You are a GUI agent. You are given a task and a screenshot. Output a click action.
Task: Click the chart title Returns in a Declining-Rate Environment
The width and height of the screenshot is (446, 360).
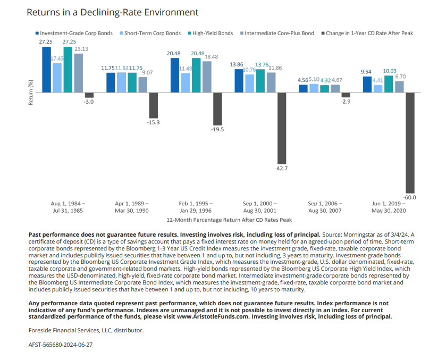(x=112, y=13)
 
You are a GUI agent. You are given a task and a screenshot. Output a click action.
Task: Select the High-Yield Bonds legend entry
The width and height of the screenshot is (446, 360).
(x=210, y=34)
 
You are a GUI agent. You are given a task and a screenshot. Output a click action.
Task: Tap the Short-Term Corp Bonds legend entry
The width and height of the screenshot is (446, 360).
(x=150, y=34)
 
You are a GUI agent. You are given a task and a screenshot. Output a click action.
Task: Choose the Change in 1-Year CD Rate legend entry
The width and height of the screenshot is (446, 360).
(x=367, y=34)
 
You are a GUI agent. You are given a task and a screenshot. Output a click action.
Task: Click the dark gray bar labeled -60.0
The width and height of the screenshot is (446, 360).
(x=410, y=143)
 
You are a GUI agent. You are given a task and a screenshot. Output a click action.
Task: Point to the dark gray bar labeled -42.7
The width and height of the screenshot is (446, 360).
(x=282, y=128)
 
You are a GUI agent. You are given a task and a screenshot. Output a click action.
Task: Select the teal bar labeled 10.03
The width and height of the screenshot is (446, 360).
(x=389, y=84)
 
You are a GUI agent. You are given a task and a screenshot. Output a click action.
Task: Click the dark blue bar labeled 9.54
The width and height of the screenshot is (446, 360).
(x=367, y=85)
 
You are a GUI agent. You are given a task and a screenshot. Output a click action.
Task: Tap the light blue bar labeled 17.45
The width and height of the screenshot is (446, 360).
(x=57, y=78)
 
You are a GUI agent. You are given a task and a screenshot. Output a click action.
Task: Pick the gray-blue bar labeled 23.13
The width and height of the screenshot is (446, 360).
(x=79, y=73)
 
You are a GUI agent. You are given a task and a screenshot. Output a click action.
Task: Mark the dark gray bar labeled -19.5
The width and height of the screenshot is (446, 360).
(x=217, y=109)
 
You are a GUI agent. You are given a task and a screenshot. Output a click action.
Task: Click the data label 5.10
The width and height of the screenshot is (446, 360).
(x=314, y=79)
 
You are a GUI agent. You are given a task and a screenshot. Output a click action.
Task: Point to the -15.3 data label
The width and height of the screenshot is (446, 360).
(x=153, y=122)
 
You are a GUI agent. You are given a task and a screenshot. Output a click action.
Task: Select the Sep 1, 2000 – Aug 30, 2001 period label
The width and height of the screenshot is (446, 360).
(x=260, y=207)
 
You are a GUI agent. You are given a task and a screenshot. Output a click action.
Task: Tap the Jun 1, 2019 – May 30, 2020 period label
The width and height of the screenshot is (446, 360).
(x=389, y=207)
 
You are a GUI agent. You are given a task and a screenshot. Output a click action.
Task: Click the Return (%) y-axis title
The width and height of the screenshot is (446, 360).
(x=31, y=93)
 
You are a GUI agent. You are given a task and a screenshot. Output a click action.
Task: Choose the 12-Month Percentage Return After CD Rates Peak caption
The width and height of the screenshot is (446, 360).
(x=229, y=220)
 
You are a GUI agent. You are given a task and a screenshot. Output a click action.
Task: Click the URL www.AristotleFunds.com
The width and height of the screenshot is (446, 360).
(x=213, y=317)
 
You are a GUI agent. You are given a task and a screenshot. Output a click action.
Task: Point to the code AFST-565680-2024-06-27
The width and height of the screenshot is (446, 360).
(x=61, y=345)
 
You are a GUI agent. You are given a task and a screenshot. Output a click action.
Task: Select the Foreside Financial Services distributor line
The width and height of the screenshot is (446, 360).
(x=86, y=330)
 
